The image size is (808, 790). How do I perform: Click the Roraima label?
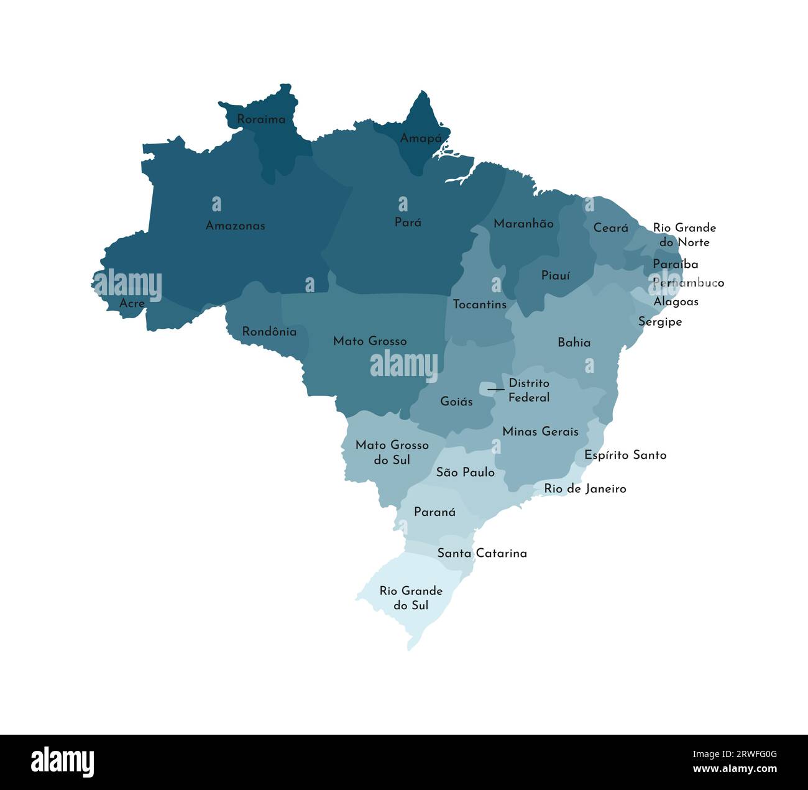(261, 119)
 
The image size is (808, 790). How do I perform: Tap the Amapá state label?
(421, 138)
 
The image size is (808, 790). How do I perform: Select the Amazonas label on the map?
(235, 226)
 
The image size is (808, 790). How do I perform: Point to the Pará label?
(408, 222)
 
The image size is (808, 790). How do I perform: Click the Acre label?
(132, 303)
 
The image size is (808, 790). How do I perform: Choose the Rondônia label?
(269, 332)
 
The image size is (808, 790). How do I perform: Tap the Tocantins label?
(479, 305)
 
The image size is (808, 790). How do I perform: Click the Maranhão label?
(523, 224)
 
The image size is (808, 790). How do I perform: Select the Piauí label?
(555, 275)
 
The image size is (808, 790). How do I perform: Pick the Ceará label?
(610, 228)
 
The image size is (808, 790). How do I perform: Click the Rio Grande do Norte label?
(684, 235)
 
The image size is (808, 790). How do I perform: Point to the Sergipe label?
(659, 322)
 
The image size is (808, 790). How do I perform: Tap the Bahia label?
(574, 342)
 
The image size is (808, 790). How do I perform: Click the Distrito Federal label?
(529, 390)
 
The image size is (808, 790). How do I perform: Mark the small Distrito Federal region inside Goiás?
(488, 389)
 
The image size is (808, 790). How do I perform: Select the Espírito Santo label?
(625, 455)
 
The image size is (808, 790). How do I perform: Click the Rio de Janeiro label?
(585, 489)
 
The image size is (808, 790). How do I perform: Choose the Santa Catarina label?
(482, 553)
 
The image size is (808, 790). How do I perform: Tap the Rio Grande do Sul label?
(411, 598)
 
